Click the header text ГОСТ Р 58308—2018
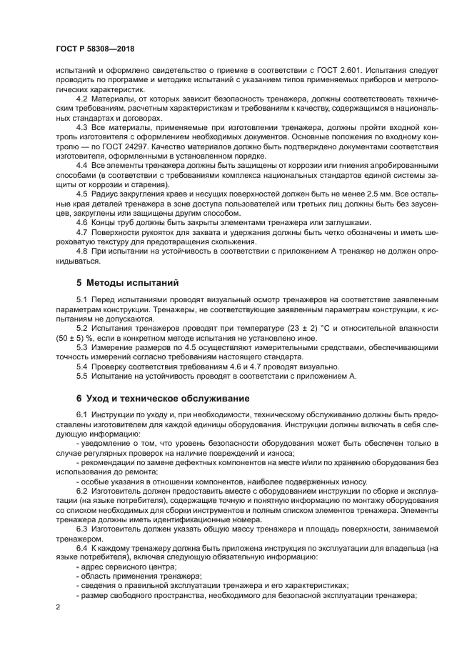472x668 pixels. tap(94, 49)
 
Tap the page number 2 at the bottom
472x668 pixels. tap(58, 606)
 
